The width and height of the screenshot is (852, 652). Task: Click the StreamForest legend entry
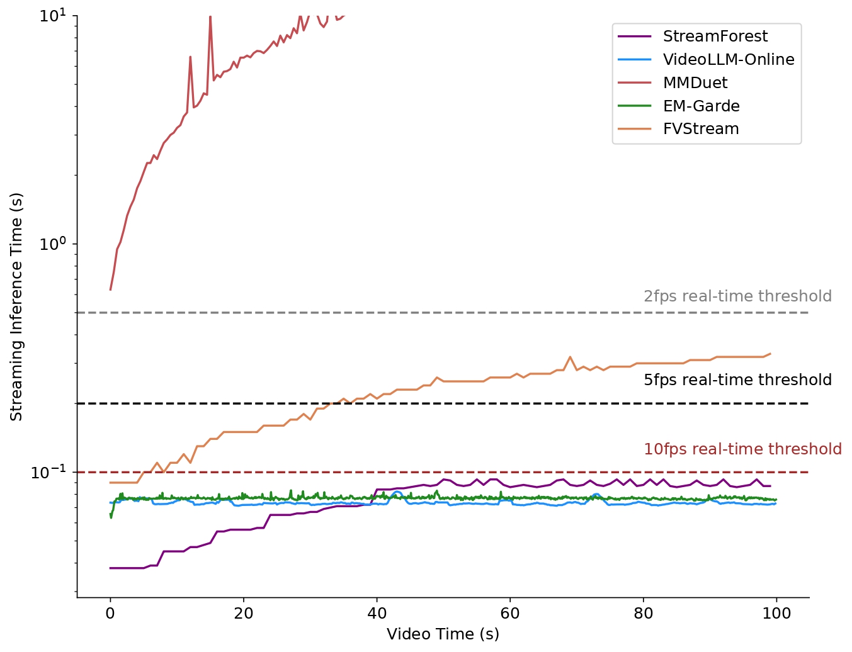[715, 37]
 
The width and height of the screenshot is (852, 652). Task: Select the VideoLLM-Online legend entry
[728, 60]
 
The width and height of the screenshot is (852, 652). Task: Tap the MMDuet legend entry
[695, 83]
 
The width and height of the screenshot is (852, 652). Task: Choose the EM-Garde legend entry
[701, 106]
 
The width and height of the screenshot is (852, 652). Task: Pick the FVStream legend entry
[700, 129]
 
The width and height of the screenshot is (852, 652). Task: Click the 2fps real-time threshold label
[737, 296]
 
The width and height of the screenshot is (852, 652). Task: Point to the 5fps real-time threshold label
[737, 380]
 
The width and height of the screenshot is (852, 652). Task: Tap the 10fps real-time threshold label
[742, 449]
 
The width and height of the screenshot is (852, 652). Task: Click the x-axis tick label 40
[377, 614]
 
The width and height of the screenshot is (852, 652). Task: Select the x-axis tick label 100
[776, 614]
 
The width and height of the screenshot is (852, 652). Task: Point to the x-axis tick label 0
[110, 614]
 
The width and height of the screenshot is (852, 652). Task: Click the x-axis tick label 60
[510, 614]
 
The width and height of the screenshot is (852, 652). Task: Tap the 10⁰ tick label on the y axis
[53, 244]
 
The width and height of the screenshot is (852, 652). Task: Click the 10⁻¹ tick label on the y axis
[48, 472]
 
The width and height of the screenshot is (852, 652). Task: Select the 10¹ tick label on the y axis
[53, 16]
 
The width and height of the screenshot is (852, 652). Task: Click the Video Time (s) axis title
[443, 634]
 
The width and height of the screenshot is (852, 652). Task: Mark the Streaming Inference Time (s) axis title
[16, 306]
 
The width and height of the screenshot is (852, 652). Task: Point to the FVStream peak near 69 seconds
[571, 357]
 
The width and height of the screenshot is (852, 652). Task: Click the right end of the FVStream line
[770, 354]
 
